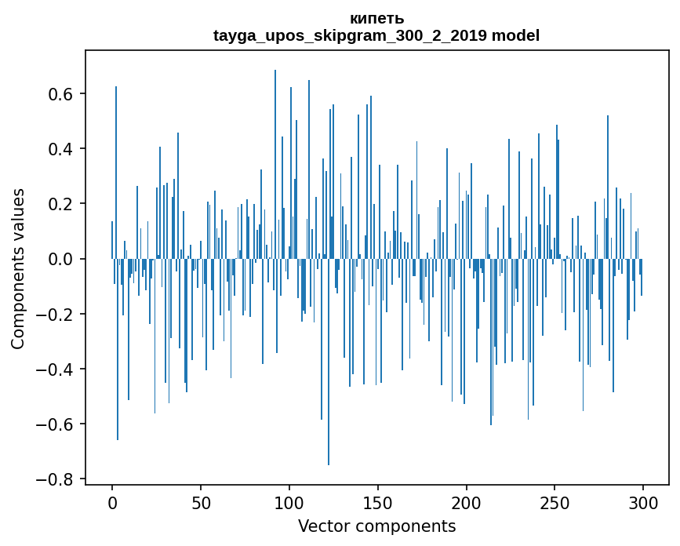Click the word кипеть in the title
coord(376,19)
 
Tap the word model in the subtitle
coord(515,36)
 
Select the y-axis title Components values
coord(18,268)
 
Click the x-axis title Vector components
coord(376,526)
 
